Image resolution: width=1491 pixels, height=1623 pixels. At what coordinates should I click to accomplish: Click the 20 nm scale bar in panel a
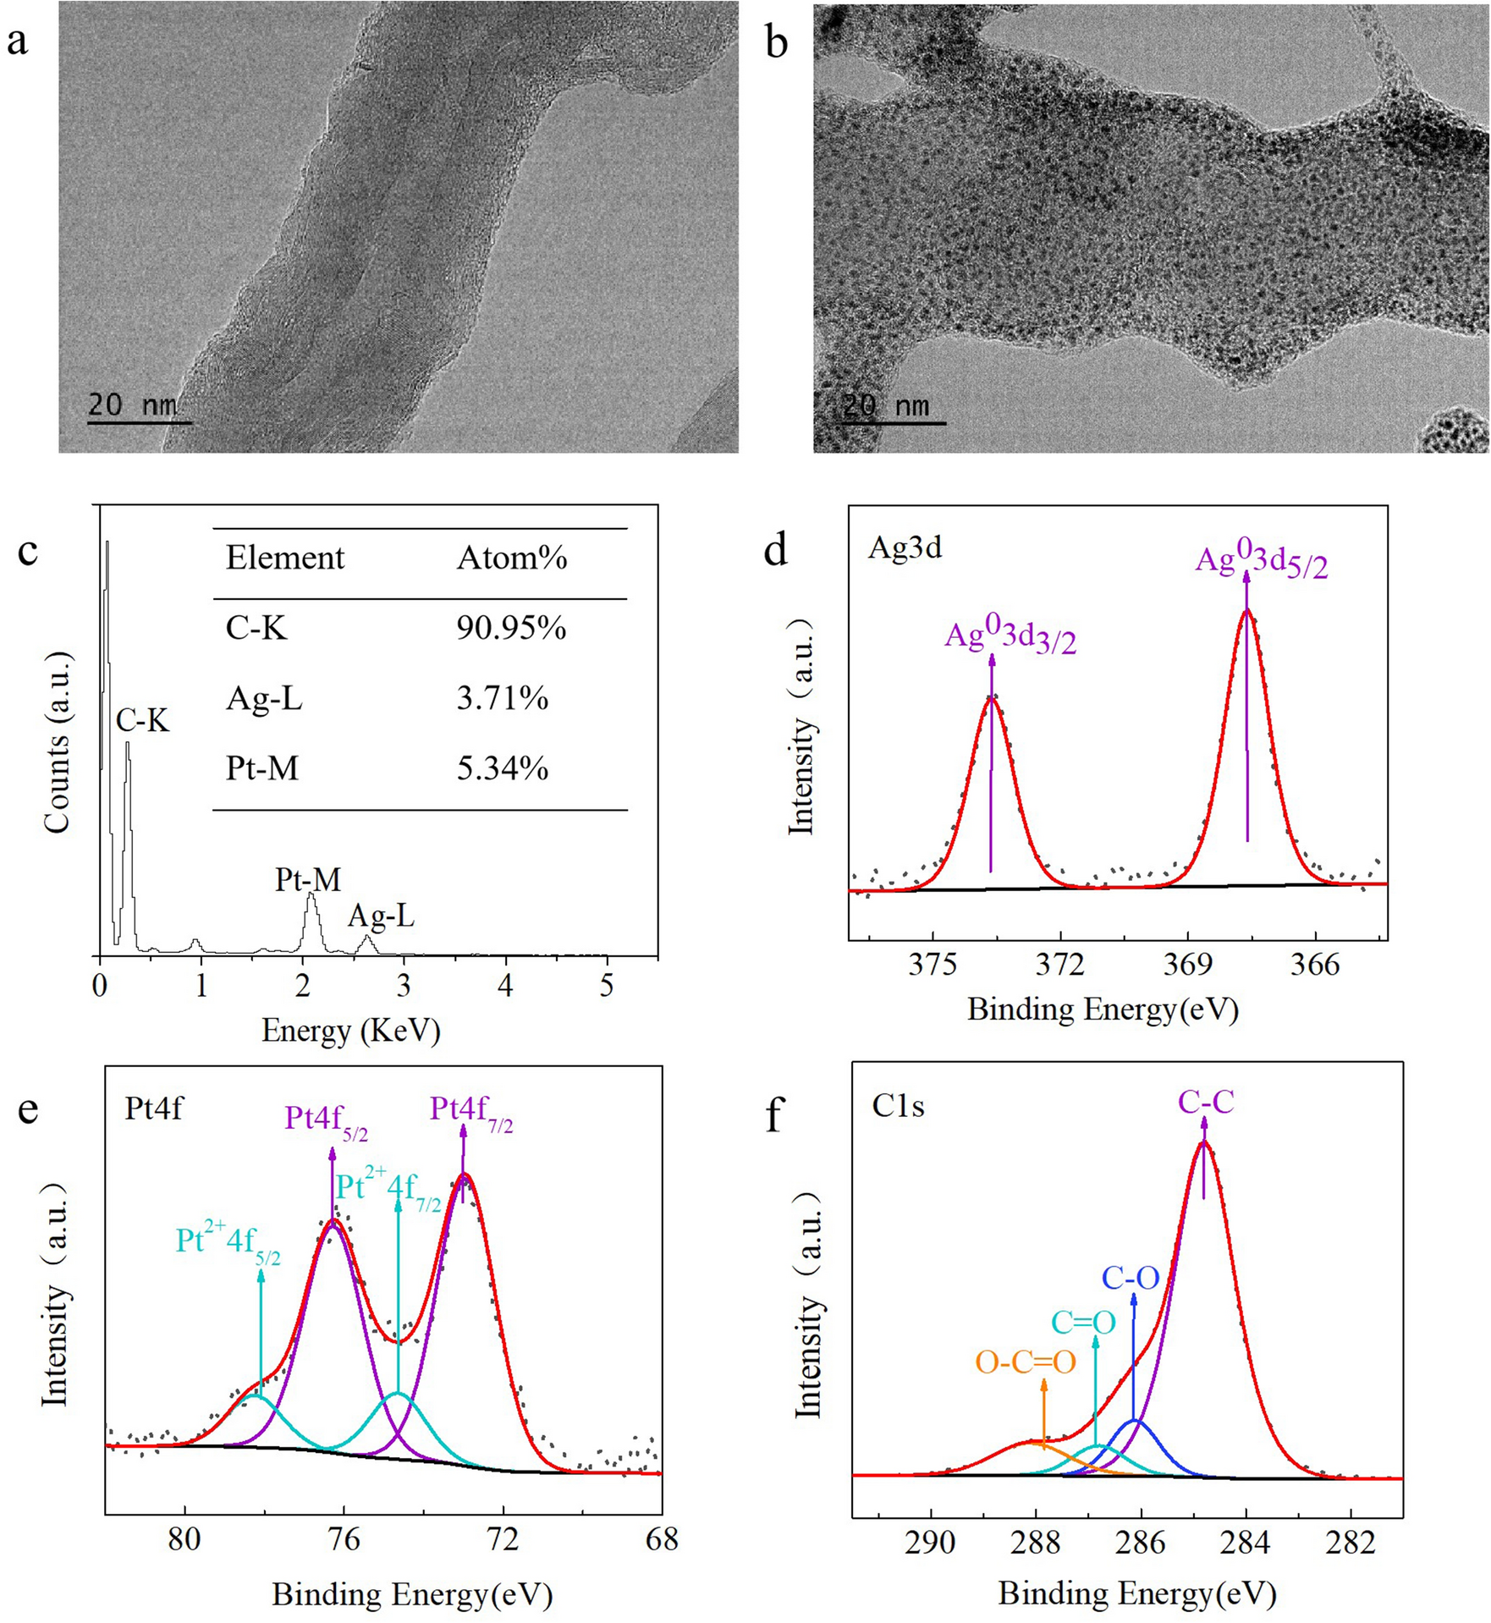tap(140, 422)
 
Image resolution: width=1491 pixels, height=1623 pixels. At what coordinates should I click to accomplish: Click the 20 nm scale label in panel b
tap(885, 405)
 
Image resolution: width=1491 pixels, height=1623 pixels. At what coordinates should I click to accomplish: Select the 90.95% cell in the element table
tap(511, 628)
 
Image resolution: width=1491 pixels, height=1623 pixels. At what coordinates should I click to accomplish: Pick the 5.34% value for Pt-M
tap(503, 768)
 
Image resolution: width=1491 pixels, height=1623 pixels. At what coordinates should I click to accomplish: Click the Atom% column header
tap(512, 558)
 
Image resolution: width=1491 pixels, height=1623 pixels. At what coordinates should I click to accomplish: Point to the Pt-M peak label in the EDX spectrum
tap(308, 880)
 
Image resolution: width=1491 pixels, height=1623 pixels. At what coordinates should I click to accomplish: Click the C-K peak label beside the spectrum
tap(143, 721)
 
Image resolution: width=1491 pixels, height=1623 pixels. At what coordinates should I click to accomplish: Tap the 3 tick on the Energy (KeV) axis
tap(404, 987)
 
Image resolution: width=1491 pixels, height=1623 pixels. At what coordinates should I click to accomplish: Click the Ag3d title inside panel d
tap(905, 548)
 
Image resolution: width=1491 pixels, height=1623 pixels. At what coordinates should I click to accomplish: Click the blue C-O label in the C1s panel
tap(1131, 1279)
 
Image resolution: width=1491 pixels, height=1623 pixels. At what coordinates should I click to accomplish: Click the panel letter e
tap(28, 1109)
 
